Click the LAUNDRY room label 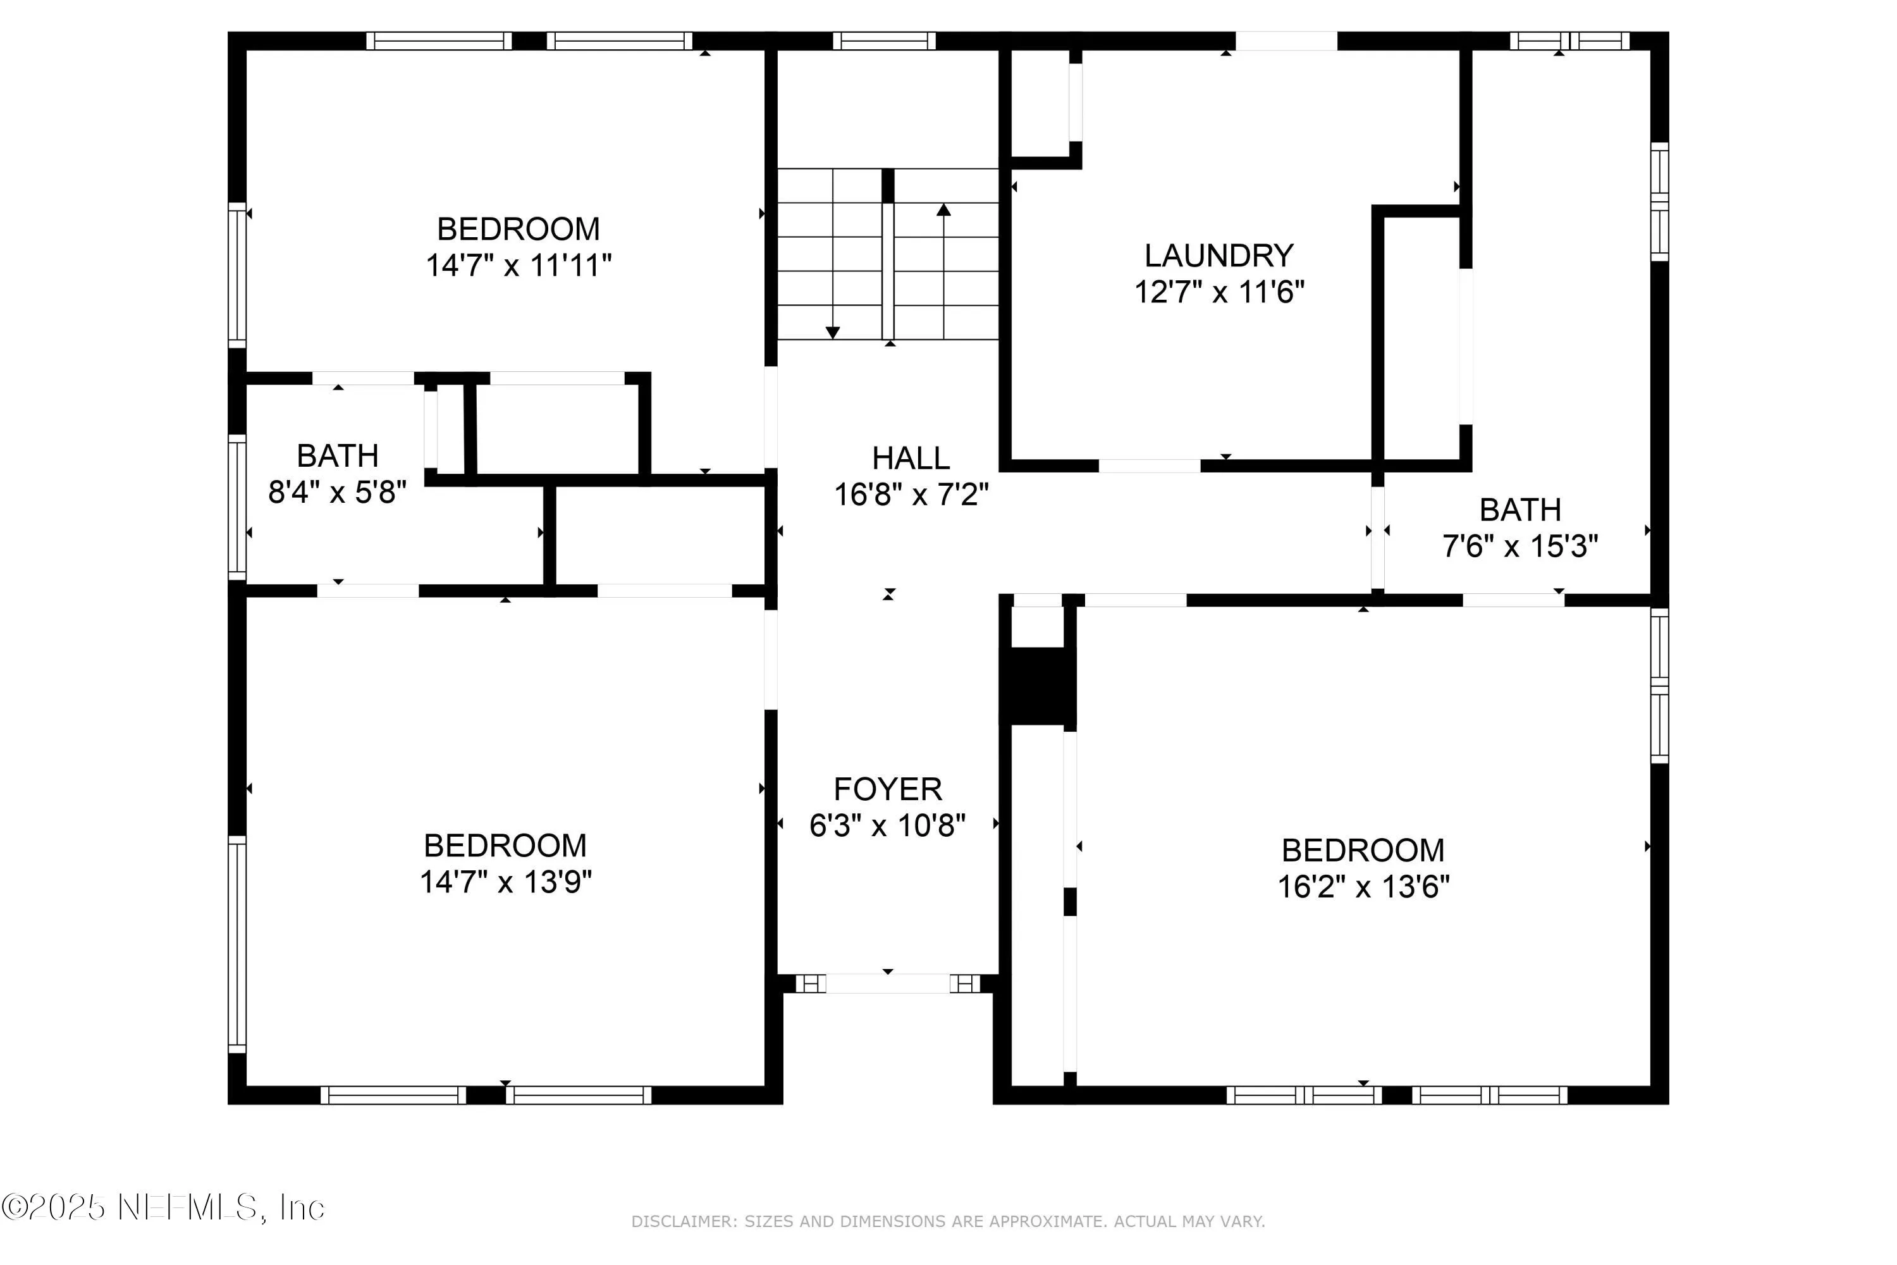coord(1219,256)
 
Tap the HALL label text coord(911,458)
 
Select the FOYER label coord(887,789)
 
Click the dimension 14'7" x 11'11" coord(519,266)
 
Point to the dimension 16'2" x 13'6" coord(1363,887)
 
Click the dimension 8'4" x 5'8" coord(337,492)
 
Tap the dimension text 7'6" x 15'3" coord(1519,546)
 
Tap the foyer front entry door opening coord(887,984)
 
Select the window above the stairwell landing coord(884,40)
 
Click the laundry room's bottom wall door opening coord(1150,466)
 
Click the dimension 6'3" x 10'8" coord(887,825)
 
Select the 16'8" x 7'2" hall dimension coord(911,495)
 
